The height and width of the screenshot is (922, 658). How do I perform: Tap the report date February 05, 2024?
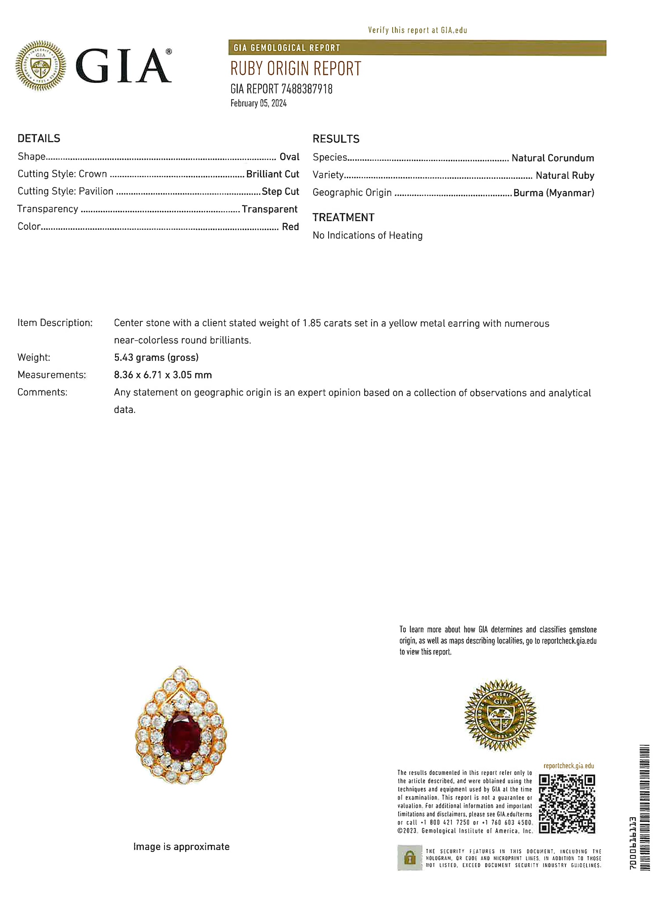coord(258,104)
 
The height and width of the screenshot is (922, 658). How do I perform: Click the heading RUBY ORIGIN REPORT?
coord(296,69)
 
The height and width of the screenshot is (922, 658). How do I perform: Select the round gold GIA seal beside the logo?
coord(41,66)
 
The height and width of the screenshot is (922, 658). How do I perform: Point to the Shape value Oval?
coord(290,157)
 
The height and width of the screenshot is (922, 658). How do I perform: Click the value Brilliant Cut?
coord(272,174)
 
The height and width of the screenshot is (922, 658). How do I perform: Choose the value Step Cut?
coord(280,192)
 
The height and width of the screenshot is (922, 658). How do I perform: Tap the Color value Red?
coord(290,227)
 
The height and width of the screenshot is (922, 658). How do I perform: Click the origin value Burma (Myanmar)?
coord(554,193)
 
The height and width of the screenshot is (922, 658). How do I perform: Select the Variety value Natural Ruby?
coord(565,175)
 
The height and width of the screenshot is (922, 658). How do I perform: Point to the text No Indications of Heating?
coord(368,236)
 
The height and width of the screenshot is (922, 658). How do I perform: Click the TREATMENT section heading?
coord(343,218)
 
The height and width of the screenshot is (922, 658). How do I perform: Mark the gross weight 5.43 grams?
coord(156,357)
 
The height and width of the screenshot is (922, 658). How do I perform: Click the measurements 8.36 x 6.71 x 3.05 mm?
coord(163,375)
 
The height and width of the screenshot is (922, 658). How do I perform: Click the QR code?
coord(567,804)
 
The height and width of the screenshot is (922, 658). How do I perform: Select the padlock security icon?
coord(410,858)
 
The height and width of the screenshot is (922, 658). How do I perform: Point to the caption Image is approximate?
coord(181,847)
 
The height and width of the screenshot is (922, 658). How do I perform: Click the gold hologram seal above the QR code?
coord(501,715)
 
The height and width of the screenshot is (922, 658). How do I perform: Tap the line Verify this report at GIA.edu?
coord(417,30)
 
